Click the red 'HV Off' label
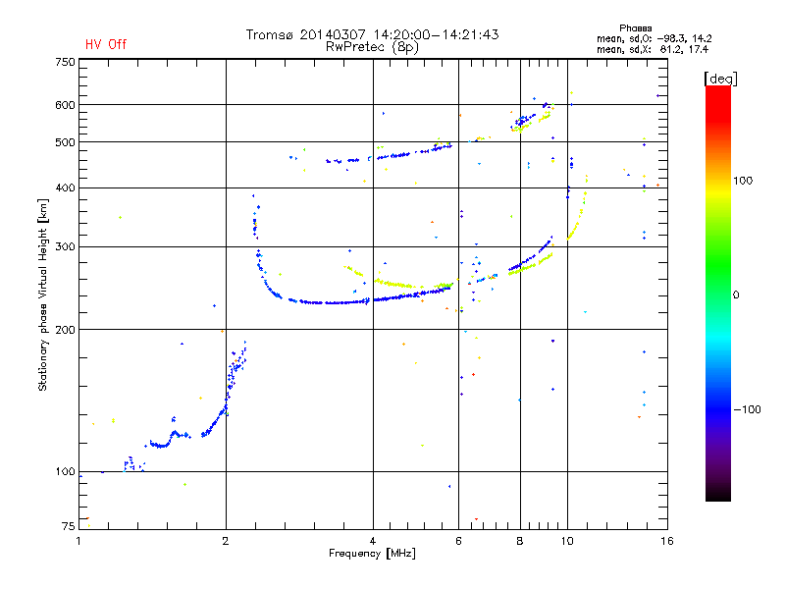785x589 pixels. point(106,44)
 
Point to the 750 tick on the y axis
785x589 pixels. point(65,62)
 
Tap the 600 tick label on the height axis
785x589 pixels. point(65,105)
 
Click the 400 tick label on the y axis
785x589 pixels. point(65,187)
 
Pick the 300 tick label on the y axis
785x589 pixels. point(65,246)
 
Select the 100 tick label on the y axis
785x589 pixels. point(65,472)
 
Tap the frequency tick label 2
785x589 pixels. point(226,541)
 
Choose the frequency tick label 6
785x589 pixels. point(458,541)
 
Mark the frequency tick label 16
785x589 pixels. point(666,541)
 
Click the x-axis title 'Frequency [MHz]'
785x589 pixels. point(373,554)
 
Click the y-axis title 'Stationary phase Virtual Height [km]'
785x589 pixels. point(43,294)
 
